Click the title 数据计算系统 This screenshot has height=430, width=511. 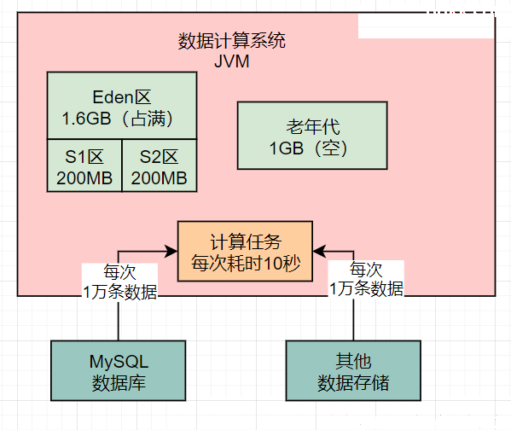pos(232,41)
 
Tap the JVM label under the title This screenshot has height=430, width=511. pos(232,61)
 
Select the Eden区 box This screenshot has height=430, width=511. pos(122,106)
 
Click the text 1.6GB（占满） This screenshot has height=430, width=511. pos(118,119)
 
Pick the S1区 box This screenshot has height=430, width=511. pos(84,166)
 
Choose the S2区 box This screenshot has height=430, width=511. pos(160,166)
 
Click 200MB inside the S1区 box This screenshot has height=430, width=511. pos(84,178)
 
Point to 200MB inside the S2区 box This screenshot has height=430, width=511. pos(159,178)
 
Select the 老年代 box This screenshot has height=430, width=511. pos(312,136)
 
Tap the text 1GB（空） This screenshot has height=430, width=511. pos(309,148)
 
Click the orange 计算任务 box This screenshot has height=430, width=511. pos(245,252)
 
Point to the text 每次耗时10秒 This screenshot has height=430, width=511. pos(246,263)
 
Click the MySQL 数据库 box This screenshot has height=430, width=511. pos(119,371)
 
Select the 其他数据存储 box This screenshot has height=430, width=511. pos(353,371)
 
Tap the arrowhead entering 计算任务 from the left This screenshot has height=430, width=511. pos(171,252)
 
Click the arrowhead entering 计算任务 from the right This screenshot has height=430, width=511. pos(319,252)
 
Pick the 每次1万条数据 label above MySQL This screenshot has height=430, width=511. pos(120,282)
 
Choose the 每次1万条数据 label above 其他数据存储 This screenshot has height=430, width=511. pos(366,279)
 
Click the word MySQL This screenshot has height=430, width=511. pos(119,362)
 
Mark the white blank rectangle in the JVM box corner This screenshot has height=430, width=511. pos(427,26)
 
